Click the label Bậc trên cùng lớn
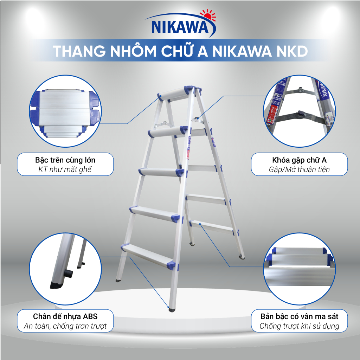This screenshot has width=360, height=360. coord(65,160)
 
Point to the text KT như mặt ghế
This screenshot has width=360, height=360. coord(65,169)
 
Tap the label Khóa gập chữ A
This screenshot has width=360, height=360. coord(299,160)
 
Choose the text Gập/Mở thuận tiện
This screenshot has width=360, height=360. coord(299,169)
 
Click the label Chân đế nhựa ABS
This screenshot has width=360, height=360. coord(65,316)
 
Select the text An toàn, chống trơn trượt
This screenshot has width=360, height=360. coord(65,326)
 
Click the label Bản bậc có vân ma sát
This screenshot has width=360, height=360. coord(299,316)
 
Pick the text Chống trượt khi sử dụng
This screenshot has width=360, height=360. coord(299,326)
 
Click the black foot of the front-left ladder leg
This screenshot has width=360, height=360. coord(118,281)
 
